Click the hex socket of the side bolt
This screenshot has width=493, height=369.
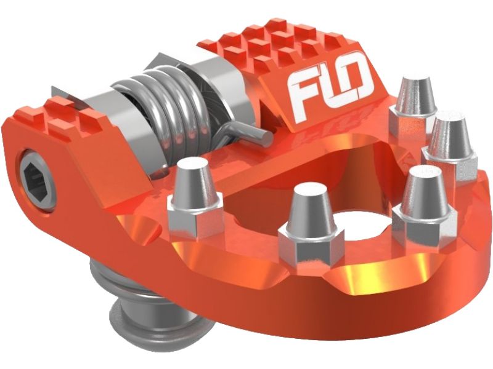(35, 180)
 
